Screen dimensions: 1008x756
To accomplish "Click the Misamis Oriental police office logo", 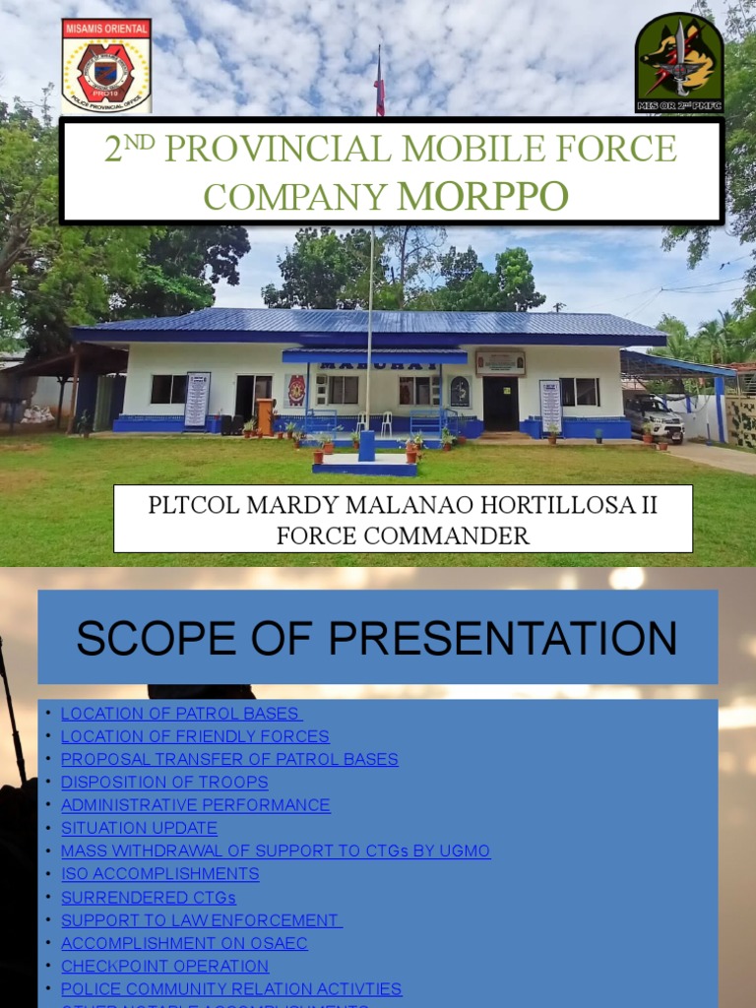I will [106, 65].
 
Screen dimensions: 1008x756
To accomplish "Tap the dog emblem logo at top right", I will [678, 62].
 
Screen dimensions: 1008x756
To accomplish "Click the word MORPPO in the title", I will [482, 196].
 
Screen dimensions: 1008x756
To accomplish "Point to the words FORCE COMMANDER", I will [403, 535].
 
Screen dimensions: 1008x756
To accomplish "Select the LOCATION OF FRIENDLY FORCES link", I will [195, 736].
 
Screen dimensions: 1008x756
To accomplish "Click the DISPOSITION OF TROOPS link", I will [164, 782].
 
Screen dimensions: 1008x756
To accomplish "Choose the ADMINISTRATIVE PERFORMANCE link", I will [196, 805].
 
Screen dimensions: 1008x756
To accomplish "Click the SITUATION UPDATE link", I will [139, 828].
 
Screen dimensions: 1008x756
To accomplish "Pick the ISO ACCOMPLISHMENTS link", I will [160, 874].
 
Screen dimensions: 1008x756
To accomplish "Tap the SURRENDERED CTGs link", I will [149, 897].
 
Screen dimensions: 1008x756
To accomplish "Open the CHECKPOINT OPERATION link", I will [164, 966].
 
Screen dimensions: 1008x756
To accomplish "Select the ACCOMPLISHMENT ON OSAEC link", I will [184, 943].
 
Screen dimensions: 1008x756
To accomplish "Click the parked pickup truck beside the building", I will [654, 417].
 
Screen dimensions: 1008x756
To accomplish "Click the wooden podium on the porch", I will [265, 415].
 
